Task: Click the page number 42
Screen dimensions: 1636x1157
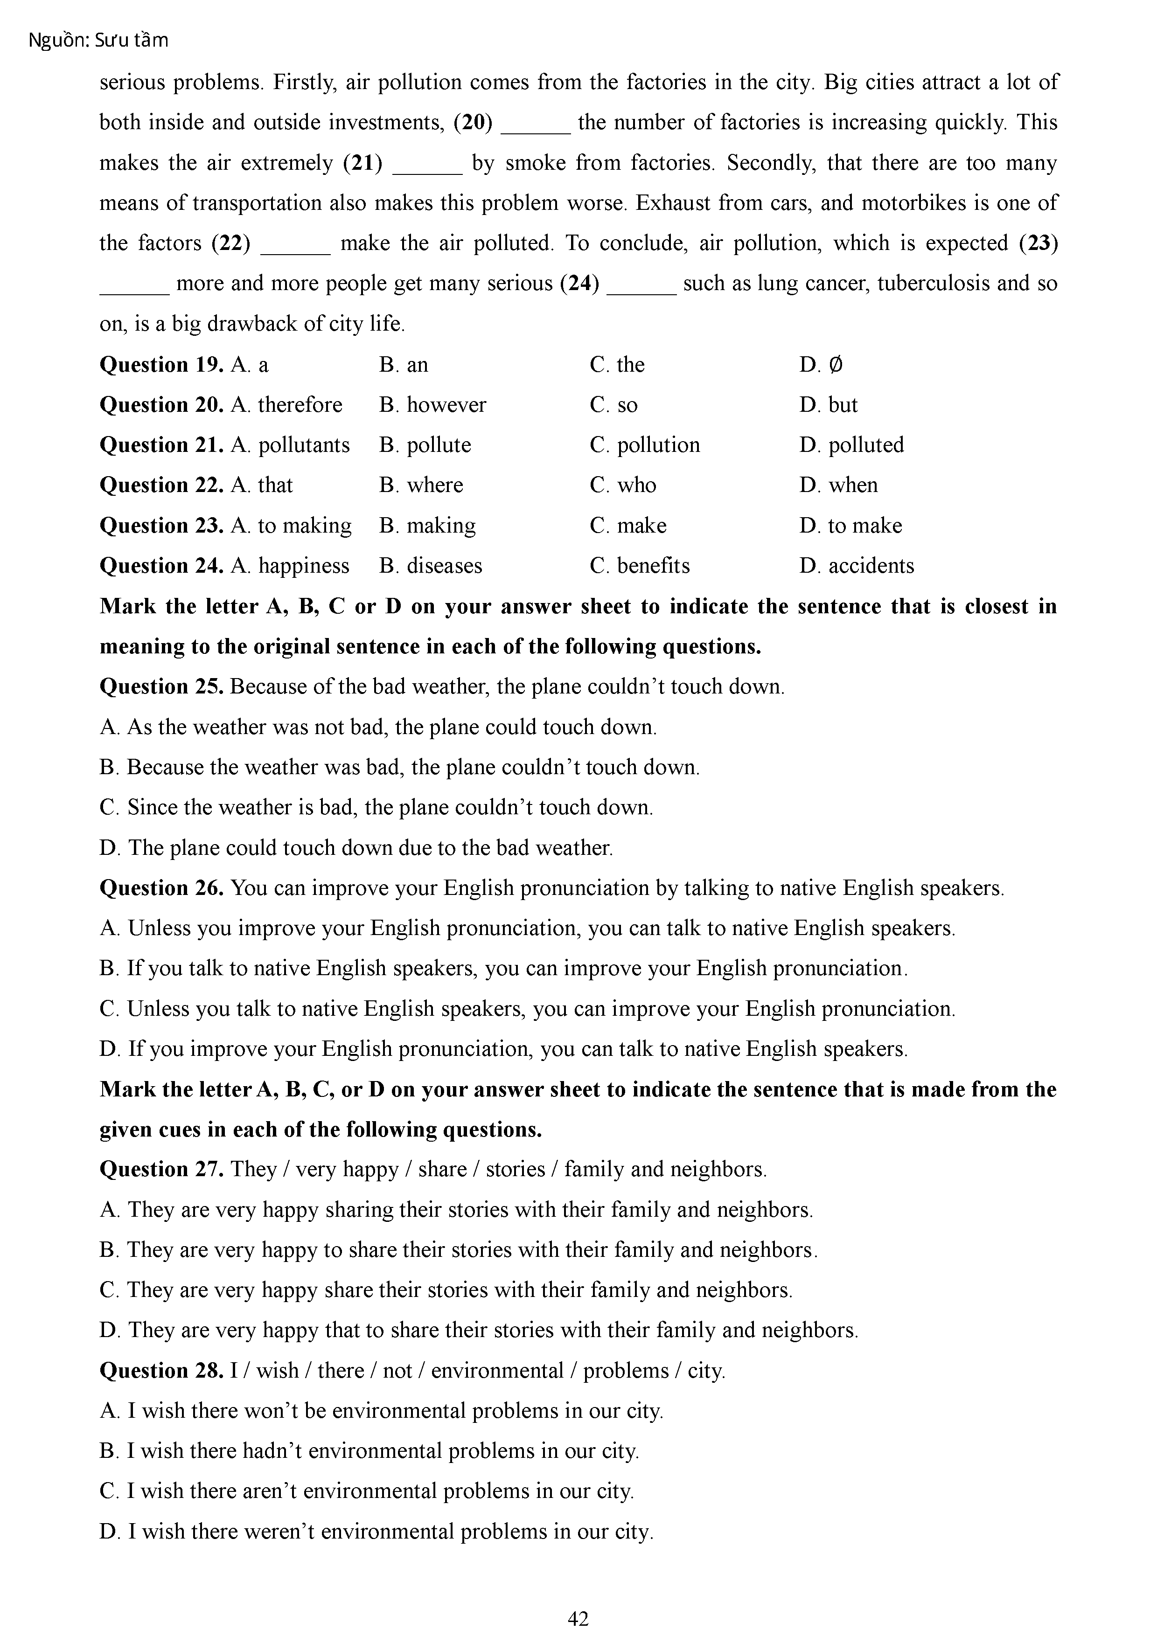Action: (578, 1618)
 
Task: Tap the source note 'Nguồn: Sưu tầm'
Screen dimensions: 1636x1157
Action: (98, 41)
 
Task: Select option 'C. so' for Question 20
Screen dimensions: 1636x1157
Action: (614, 405)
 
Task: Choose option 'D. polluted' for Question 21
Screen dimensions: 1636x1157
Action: (851, 444)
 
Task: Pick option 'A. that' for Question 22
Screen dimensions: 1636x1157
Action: (262, 485)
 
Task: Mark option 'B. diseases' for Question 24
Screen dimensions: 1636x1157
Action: (431, 566)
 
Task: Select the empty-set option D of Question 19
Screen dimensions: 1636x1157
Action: (821, 365)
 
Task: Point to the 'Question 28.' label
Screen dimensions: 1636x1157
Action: (162, 1370)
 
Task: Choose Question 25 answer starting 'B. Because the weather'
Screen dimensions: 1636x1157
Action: (399, 768)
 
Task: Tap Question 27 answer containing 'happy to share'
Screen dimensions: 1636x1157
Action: (459, 1250)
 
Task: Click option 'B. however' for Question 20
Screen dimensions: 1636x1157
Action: (433, 405)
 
